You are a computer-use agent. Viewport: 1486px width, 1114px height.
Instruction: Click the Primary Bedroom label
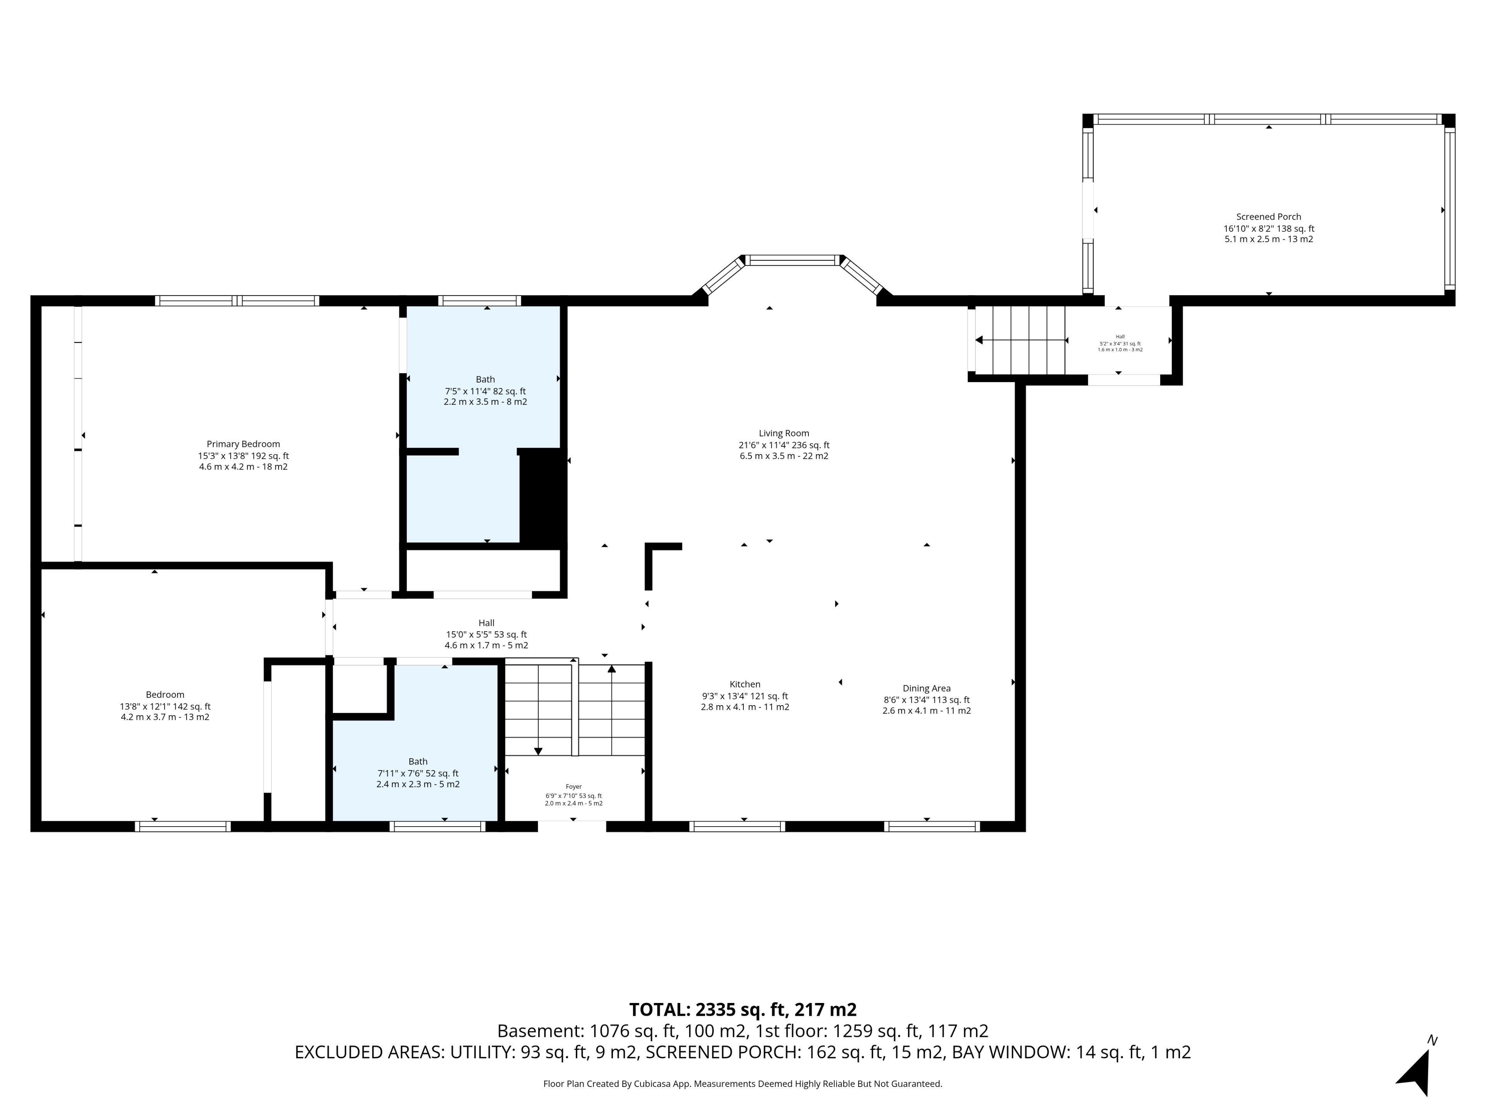click(243, 444)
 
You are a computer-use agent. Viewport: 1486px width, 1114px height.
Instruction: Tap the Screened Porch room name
click(1269, 217)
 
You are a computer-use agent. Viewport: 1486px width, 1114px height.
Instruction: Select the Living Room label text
click(784, 433)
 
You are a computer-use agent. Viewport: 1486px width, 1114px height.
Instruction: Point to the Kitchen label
click(745, 684)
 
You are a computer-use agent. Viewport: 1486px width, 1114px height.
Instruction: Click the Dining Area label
click(926, 688)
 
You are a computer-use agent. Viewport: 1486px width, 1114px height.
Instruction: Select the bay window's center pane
click(793, 260)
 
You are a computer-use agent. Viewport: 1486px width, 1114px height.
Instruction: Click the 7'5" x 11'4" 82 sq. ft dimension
click(485, 391)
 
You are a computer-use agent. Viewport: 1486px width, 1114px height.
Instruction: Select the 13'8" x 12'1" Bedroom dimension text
click(161, 706)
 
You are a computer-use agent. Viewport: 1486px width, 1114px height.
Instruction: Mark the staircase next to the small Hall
click(1020, 340)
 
